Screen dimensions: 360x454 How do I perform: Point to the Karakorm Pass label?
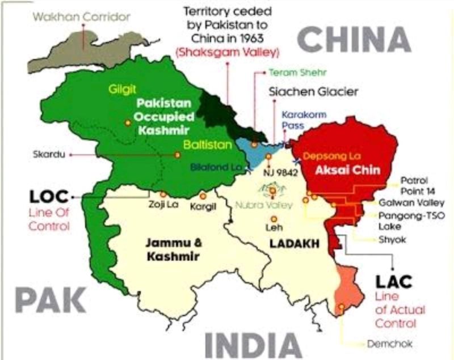click(x=301, y=120)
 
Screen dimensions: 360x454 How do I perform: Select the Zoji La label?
click(x=163, y=205)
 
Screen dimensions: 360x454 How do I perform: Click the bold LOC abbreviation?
click(x=49, y=197)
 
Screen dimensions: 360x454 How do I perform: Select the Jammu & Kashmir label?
click(x=172, y=250)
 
